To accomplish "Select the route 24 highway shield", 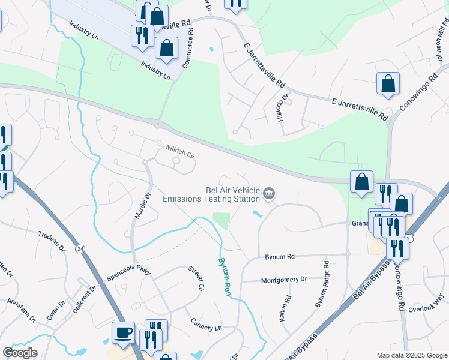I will pos(79,248).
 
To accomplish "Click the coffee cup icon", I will pos(124,332).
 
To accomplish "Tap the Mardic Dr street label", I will pos(141,205).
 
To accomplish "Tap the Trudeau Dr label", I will pos(51,239).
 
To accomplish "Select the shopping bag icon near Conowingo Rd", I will pos(388,84).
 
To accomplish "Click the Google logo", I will pos(20,353).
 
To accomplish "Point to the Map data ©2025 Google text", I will pos(411,355).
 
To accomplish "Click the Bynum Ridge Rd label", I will pos(323,284).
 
